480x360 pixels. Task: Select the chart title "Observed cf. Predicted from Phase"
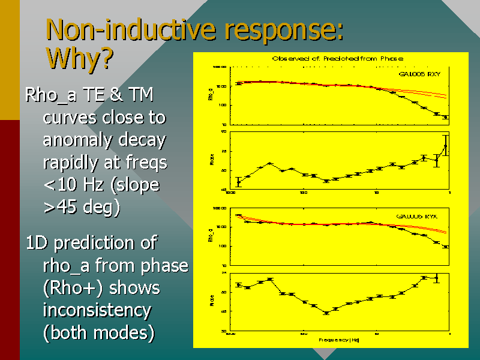337,58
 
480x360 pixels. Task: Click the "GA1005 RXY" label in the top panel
420,74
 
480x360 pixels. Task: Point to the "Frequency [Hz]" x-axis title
339,340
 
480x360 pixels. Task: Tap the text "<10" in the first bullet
61,185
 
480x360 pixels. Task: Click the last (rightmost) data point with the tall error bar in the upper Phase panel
445,145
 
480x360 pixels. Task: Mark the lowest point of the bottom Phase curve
326,313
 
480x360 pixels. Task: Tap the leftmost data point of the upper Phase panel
238,181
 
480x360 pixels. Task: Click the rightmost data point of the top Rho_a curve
445,118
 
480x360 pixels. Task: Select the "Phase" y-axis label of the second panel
212,160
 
